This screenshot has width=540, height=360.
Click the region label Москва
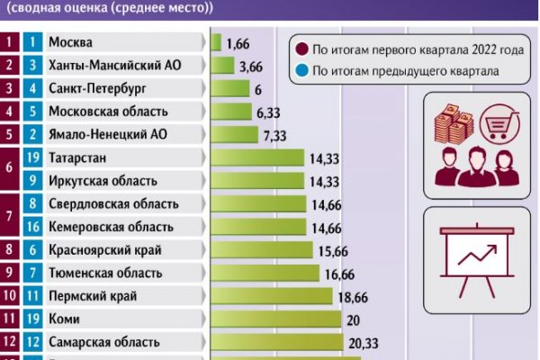[x=70, y=42]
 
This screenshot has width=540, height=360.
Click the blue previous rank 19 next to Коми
[x=32, y=319]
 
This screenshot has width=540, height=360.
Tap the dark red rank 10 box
[x=10, y=295]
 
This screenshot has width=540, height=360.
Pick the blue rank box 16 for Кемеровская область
[x=32, y=227]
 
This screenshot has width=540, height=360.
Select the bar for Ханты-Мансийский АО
[x=222, y=66]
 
